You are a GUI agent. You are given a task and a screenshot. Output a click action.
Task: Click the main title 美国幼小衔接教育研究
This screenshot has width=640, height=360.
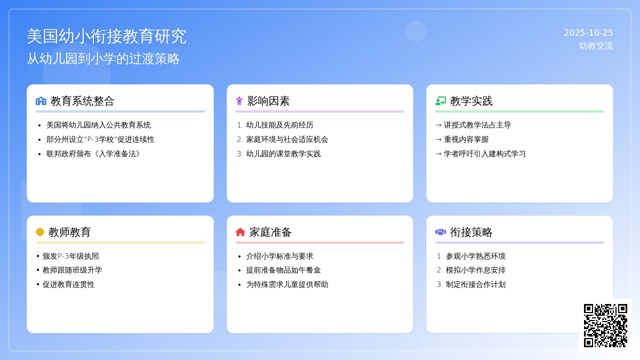107,36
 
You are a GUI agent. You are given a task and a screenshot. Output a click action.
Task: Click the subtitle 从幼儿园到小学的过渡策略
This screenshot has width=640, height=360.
103,59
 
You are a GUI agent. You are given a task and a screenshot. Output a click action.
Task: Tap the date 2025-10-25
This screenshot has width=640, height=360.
588,33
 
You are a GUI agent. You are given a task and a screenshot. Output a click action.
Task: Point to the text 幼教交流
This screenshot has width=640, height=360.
596,46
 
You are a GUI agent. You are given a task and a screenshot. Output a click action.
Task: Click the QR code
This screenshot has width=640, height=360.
605,325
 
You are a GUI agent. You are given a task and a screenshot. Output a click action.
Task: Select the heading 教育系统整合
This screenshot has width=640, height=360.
82,101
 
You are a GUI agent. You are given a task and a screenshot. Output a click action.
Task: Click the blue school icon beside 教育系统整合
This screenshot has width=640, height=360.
41,101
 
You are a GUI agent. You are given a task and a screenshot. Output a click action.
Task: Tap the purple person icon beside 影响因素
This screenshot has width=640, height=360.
239,101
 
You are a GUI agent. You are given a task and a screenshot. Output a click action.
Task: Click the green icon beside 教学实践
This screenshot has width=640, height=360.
441,101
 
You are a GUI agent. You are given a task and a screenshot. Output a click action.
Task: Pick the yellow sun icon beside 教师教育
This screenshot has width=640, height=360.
40,232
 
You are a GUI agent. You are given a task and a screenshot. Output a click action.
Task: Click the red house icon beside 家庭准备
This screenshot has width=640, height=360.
240,232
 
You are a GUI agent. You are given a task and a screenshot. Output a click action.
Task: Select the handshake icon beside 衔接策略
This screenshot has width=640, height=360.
441,232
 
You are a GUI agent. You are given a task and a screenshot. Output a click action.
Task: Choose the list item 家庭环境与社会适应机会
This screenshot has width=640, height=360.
287,139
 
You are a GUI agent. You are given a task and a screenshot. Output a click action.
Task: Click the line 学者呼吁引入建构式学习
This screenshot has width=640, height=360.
484,154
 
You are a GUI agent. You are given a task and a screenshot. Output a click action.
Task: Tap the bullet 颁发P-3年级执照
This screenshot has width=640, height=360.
70,256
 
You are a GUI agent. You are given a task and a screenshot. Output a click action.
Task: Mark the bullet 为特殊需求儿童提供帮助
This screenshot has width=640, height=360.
287,284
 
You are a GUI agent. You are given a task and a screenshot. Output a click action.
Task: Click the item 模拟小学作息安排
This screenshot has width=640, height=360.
476,270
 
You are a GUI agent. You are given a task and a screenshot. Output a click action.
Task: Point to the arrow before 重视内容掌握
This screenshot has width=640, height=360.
438,139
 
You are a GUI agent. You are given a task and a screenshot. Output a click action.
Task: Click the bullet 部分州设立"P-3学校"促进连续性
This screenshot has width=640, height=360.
100,139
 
